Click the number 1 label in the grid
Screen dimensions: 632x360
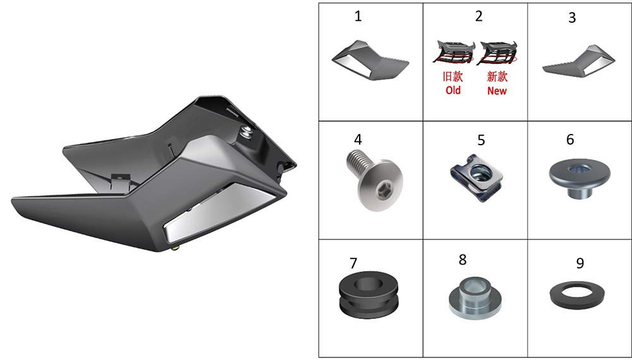[x=358, y=16]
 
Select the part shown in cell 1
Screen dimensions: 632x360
[x=370, y=60]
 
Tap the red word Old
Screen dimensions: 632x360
[x=453, y=90]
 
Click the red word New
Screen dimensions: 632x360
[x=497, y=90]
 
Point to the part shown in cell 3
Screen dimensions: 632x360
[x=579, y=61]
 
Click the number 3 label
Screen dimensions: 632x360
[x=572, y=18]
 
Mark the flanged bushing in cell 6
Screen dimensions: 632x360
[x=580, y=177]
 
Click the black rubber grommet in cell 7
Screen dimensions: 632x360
[x=368, y=294]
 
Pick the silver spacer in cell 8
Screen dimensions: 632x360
[x=475, y=296]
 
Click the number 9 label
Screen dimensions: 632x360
[x=580, y=263]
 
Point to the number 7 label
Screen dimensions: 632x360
[x=353, y=263]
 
